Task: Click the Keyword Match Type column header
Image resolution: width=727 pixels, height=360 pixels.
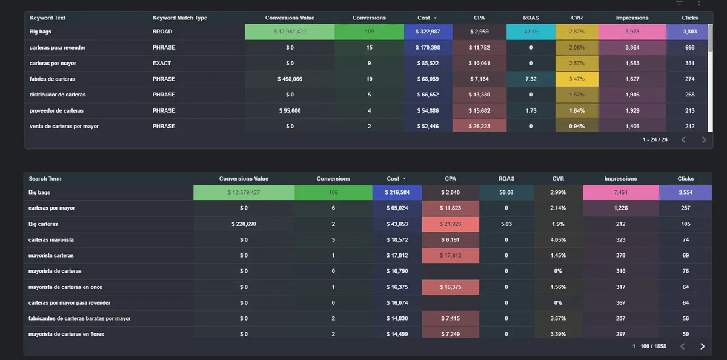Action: (x=179, y=18)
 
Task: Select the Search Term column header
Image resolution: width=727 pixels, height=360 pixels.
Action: (x=45, y=179)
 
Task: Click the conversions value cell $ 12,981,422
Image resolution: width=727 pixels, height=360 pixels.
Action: (x=290, y=32)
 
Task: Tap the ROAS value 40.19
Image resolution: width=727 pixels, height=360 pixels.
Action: (x=531, y=32)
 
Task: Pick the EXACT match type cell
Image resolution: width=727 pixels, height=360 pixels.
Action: (x=162, y=63)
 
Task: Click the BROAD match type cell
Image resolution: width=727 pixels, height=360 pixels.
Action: (x=162, y=32)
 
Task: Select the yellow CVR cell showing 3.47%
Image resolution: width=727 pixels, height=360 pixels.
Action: (x=577, y=79)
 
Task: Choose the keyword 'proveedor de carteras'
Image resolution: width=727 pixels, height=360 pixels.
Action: (x=56, y=110)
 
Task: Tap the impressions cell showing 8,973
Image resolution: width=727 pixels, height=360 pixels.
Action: (x=632, y=32)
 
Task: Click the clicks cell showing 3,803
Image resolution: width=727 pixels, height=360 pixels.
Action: (x=689, y=32)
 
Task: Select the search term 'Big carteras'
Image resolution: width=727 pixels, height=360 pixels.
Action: (x=43, y=224)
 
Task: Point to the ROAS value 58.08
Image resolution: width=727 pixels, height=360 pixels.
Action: (x=506, y=193)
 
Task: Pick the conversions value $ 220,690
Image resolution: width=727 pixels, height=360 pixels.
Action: (x=244, y=224)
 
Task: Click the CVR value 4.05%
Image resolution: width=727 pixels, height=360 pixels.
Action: (x=558, y=240)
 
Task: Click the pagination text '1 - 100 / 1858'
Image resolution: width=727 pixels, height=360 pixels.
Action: (x=649, y=346)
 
